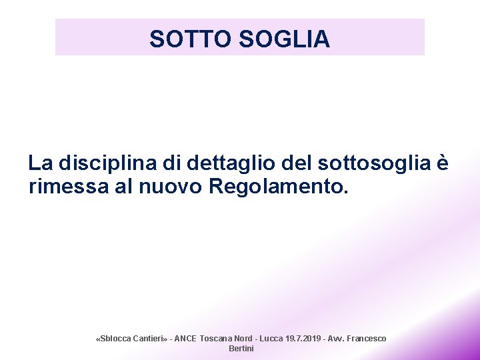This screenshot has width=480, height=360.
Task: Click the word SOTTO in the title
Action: click(x=189, y=39)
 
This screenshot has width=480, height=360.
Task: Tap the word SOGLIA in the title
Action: click(x=283, y=39)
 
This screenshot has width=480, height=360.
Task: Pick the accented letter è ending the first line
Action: click(x=443, y=163)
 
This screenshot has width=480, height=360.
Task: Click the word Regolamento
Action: click(x=278, y=187)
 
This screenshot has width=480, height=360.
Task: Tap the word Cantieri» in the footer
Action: click(x=151, y=339)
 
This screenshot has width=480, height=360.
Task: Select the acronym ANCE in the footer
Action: click(x=185, y=339)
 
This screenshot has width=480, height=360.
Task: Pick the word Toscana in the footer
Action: click(x=216, y=339)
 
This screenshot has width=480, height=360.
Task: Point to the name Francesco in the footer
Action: click(x=367, y=339)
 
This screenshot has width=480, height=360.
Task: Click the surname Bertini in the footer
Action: click(x=241, y=349)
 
